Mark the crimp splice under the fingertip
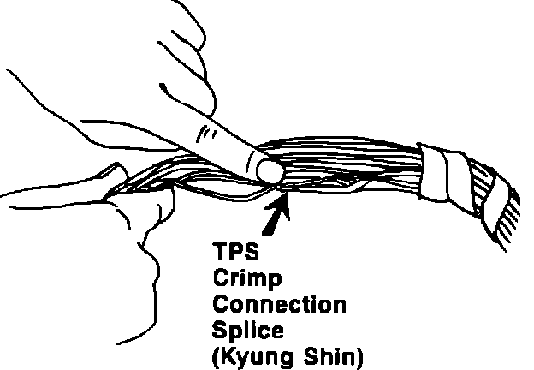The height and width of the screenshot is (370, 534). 285,185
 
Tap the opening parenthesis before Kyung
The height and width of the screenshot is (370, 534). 215,355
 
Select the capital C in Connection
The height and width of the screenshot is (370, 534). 220,303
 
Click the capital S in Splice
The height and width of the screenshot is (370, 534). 220,328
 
